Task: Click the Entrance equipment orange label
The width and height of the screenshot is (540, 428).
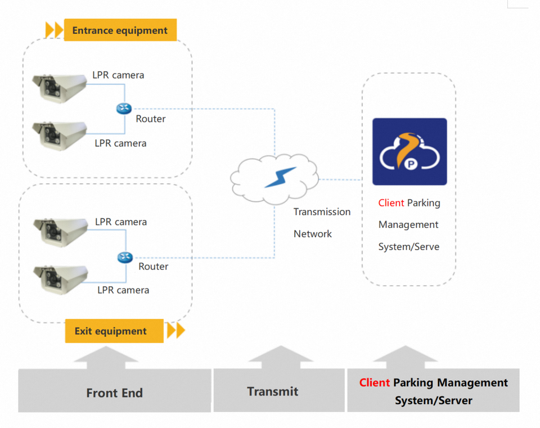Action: tap(120, 30)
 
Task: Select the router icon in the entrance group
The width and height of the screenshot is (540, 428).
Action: tap(124, 109)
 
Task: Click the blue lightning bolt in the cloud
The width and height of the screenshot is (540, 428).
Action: tap(280, 178)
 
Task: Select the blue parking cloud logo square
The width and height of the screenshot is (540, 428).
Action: tap(409, 151)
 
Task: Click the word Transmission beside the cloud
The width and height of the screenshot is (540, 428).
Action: tap(322, 212)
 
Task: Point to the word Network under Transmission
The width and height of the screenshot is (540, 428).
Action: tap(313, 234)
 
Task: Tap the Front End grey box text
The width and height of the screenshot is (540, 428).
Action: tap(114, 393)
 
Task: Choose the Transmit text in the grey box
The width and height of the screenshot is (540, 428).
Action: tap(273, 391)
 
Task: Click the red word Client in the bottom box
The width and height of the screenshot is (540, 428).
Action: tap(375, 383)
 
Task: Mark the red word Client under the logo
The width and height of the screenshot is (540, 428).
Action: tap(391, 203)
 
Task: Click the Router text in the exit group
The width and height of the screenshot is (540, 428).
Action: tap(153, 267)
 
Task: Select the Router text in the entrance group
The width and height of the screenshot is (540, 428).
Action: tap(151, 119)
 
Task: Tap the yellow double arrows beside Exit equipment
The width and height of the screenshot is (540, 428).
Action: tap(176, 330)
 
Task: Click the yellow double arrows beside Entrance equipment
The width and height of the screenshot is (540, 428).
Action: tap(54, 30)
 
